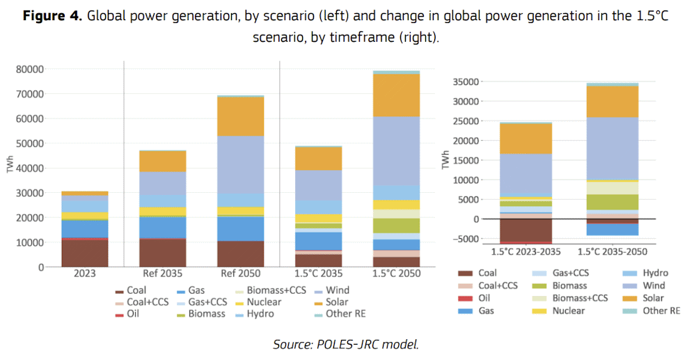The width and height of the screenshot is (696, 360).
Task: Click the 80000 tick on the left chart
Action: coord(29,69)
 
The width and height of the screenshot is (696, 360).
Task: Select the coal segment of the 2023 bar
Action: coord(84,253)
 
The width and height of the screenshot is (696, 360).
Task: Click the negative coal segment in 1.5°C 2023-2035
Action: coord(526,230)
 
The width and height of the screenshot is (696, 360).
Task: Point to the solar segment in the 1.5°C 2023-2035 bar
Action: coord(526,138)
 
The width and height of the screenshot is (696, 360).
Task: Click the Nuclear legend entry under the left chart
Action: coord(263,302)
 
